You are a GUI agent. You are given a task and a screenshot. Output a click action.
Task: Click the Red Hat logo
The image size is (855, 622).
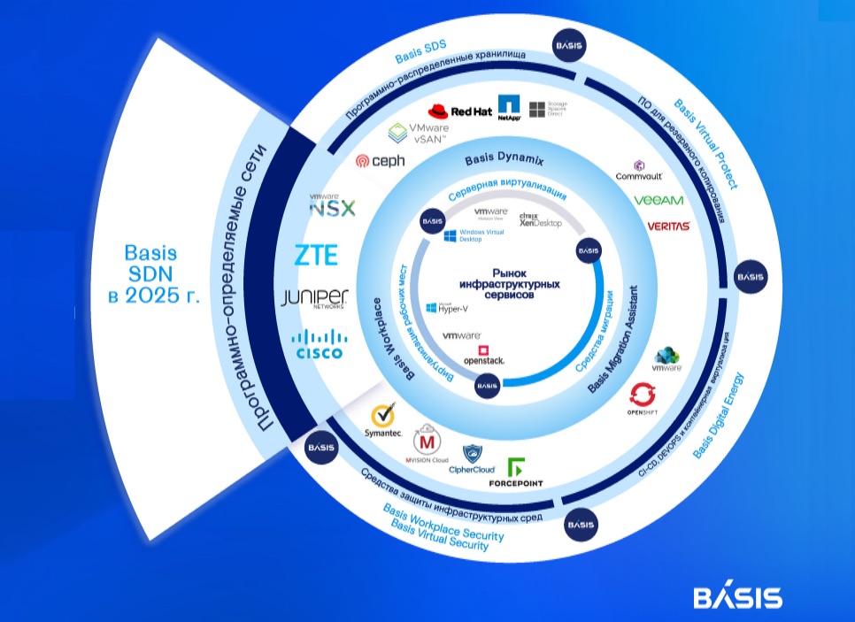point(460,111)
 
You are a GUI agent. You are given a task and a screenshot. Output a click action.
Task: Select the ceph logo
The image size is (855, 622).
point(381,162)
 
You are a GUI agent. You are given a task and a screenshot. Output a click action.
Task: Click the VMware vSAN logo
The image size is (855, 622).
point(418,134)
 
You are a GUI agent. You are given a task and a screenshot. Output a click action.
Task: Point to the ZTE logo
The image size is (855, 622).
point(316,257)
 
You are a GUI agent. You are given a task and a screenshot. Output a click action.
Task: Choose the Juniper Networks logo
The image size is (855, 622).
point(314,298)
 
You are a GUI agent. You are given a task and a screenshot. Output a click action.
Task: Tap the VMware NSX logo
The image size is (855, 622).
point(332,206)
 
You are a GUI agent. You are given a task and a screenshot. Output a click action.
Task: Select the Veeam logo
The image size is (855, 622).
point(659,200)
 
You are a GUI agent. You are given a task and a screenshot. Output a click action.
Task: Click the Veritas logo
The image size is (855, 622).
point(668,227)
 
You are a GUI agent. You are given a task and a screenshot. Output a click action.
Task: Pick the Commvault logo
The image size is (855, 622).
point(639,170)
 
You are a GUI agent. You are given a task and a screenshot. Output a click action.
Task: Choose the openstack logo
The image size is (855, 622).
point(483,355)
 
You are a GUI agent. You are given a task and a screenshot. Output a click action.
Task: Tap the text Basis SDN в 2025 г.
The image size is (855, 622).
point(154,273)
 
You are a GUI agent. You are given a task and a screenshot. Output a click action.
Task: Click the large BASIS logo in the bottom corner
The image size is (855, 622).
point(737,597)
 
